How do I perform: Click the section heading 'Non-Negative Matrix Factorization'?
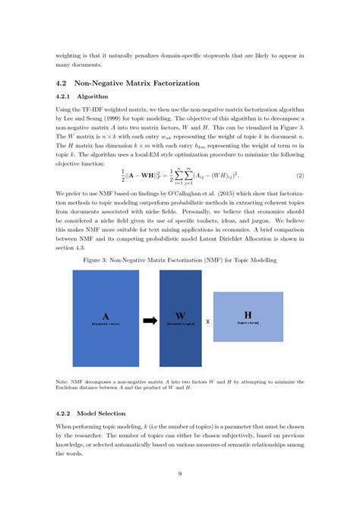click(140, 83)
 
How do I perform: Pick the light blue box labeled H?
click(247, 316)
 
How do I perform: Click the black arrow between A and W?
click(150, 319)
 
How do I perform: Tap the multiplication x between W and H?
click(207, 321)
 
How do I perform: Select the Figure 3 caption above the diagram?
click(179, 261)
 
